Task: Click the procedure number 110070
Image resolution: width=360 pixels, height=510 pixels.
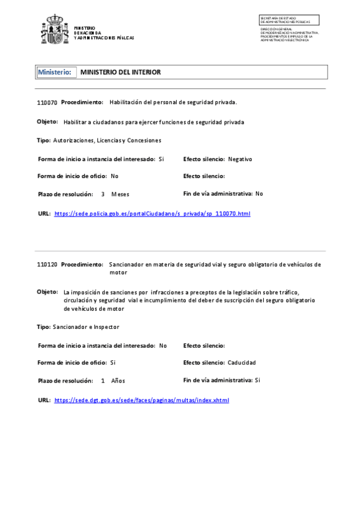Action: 47,103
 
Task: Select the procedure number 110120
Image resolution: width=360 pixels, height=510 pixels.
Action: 47,265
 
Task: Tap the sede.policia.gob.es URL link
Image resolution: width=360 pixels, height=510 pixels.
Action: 152,214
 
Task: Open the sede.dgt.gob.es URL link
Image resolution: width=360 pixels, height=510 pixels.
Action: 141,400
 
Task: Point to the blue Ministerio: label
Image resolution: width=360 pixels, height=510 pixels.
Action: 54,72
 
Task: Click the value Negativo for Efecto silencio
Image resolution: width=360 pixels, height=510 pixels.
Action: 240,159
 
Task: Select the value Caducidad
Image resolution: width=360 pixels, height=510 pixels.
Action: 242,363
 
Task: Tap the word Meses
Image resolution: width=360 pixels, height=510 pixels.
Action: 120,194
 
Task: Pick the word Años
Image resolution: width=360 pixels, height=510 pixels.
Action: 118,381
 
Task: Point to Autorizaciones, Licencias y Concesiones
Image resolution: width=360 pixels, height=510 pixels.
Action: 107,140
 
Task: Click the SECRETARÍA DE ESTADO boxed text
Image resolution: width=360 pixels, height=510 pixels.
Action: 289,20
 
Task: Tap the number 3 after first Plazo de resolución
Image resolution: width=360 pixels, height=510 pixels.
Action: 103,194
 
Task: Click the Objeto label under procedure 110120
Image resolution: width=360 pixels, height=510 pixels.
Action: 47,292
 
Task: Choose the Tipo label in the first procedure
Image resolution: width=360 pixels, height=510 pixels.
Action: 43,140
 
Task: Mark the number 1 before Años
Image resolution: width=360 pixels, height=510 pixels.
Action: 103,381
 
